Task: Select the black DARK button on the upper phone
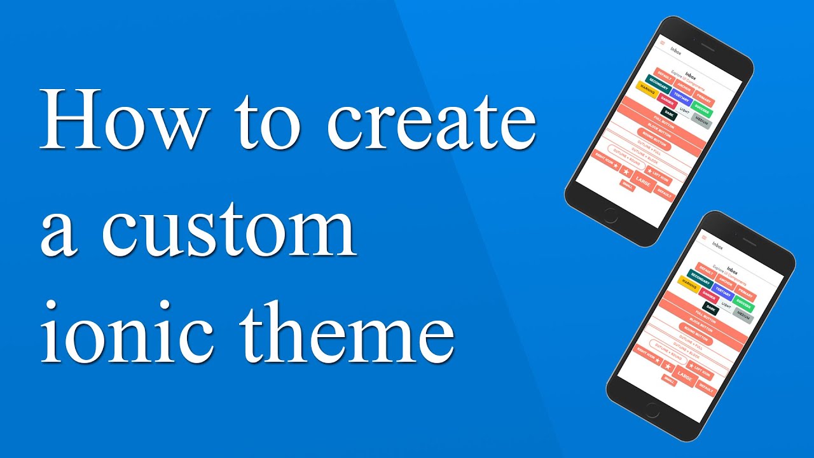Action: [668, 113]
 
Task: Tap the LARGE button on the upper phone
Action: [643, 183]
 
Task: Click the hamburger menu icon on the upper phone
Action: [662, 43]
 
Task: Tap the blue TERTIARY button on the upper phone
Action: [681, 97]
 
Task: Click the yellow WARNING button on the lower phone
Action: [689, 281]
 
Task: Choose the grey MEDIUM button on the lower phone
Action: [742, 314]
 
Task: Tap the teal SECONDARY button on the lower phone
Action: [700, 278]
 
